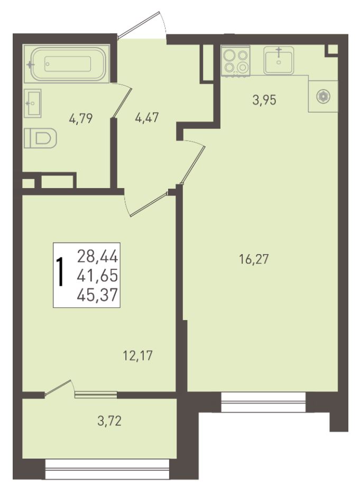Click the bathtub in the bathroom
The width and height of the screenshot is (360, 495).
click(x=67, y=63)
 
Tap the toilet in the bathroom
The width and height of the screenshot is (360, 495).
click(x=40, y=138)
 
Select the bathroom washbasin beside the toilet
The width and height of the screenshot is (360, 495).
click(x=33, y=103)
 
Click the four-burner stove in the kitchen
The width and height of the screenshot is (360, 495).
click(x=236, y=61)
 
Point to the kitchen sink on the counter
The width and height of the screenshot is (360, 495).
click(x=279, y=60)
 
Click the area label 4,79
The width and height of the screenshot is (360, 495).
click(x=80, y=119)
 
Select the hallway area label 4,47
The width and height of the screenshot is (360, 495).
click(x=146, y=118)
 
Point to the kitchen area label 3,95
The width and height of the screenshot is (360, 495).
click(x=264, y=100)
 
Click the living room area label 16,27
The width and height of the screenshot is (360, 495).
click(x=254, y=259)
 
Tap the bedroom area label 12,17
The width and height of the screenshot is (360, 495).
click(x=137, y=356)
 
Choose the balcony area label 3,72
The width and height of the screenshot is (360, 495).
click(x=109, y=421)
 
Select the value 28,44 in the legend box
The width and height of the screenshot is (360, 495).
click(x=97, y=256)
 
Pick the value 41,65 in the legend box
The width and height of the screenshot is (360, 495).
click(x=97, y=276)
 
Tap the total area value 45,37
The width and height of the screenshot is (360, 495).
click(x=97, y=295)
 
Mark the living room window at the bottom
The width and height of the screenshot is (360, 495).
click(x=263, y=401)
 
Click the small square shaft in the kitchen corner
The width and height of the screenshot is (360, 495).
click(x=332, y=50)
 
